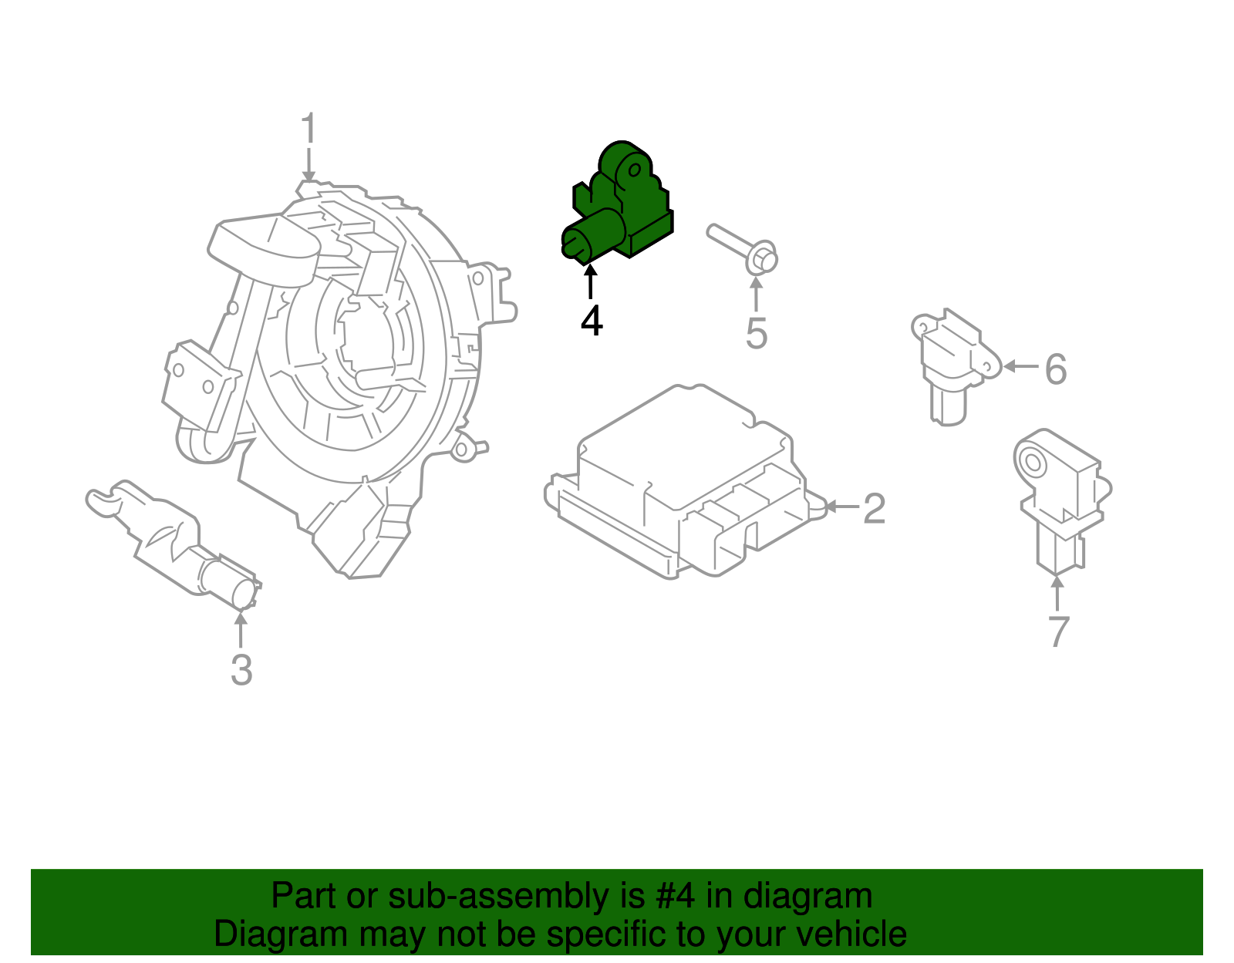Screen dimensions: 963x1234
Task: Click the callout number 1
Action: (x=308, y=129)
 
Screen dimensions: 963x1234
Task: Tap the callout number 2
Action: (x=874, y=509)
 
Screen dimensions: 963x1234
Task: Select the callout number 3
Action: (x=241, y=669)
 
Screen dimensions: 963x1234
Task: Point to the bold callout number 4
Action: (x=592, y=321)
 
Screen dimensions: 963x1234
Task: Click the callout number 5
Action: (x=757, y=333)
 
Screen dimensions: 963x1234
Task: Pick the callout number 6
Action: (x=1056, y=369)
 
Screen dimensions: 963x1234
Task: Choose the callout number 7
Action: (x=1058, y=631)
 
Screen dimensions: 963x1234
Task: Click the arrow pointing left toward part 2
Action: (x=841, y=507)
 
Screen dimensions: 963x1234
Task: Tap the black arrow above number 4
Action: (x=591, y=281)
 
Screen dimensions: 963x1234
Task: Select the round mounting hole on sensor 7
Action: (x=1032, y=463)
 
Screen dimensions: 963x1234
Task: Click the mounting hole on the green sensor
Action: (x=637, y=169)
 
